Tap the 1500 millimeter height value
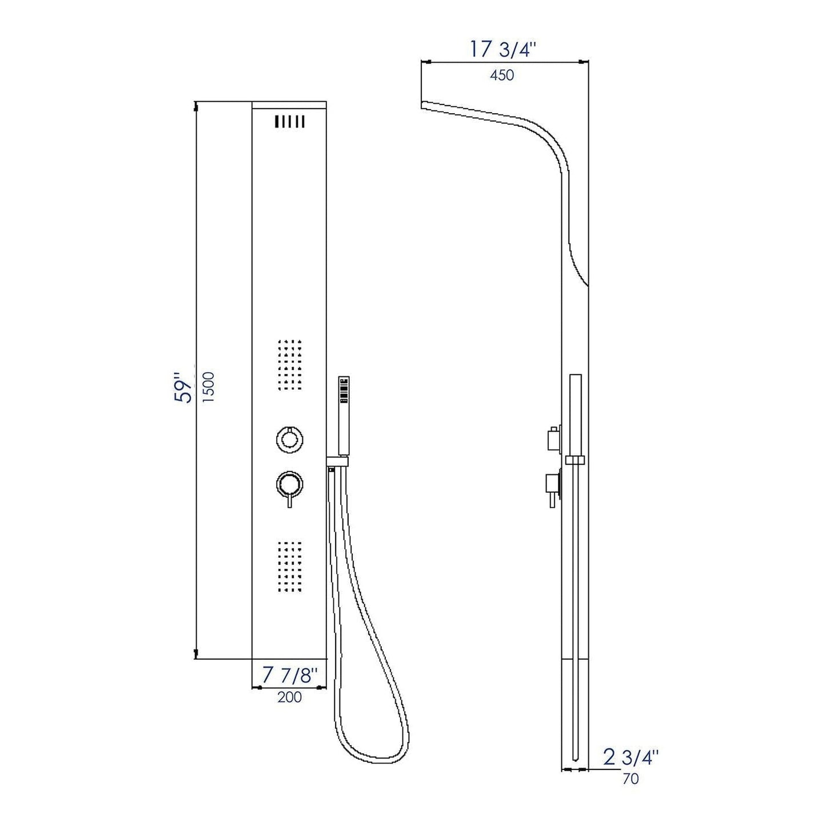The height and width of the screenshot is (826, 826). point(209,388)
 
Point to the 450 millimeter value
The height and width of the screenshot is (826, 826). point(502,75)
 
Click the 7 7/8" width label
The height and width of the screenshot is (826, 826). point(289,675)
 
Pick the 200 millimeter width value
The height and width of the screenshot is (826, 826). point(289,697)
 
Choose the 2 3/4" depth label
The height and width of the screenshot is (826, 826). point(631,757)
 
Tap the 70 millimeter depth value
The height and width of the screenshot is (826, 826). point(630,779)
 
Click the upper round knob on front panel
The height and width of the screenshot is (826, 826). point(289,439)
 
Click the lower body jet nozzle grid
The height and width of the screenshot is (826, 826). point(289,566)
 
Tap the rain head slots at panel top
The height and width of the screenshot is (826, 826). point(289,122)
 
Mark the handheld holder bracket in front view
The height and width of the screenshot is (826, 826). point(337,461)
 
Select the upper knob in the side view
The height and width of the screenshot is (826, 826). point(553,438)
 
